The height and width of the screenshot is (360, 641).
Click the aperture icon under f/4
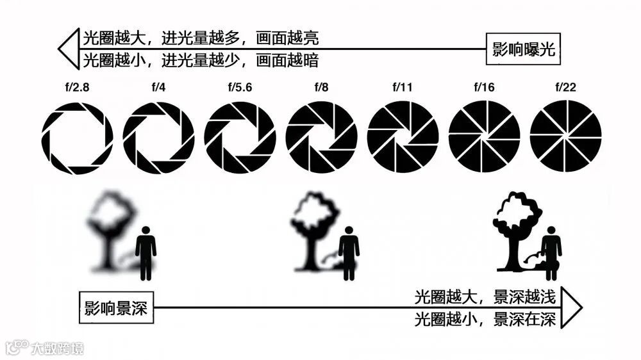[158, 137]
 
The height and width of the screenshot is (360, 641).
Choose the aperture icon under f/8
[321, 137]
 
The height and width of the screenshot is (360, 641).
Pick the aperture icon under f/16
[484, 137]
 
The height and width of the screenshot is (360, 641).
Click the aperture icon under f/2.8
[77, 137]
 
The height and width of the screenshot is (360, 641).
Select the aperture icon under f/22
[565, 137]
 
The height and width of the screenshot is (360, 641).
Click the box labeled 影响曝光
[523, 49]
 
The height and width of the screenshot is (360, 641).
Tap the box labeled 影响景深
[117, 308]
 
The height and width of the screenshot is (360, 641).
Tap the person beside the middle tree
[349, 252]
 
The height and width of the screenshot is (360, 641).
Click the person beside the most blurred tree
[146, 252]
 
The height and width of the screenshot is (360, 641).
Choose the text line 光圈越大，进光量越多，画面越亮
[201, 38]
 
